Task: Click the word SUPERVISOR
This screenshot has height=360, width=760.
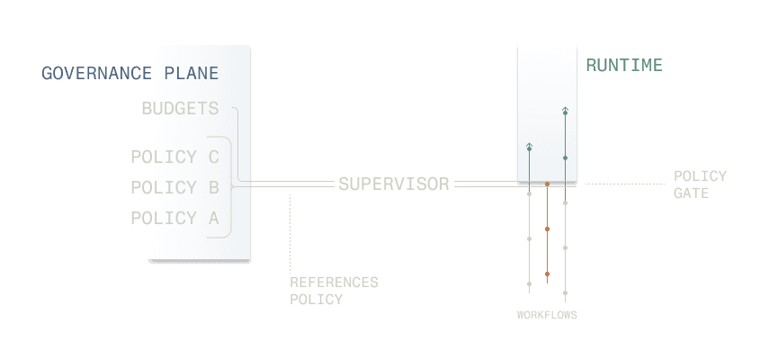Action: tap(394, 184)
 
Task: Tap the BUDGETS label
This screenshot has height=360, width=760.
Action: tap(180, 109)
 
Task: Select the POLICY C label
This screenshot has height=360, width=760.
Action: tap(174, 157)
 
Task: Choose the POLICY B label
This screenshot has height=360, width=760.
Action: tap(174, 188)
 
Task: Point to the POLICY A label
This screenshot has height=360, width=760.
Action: tap(174, 218)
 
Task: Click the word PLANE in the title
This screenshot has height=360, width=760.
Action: tap(192, 73)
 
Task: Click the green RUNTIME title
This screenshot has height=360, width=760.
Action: tap(624, 65)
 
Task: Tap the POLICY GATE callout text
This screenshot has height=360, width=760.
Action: tap(700, 184)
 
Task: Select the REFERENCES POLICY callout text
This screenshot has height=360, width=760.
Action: tap(334, 291)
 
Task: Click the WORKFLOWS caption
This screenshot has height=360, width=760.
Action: tap(547, 315)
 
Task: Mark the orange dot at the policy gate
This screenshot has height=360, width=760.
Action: tap(547, 184)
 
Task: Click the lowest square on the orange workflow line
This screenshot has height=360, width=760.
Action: tap(547, 274)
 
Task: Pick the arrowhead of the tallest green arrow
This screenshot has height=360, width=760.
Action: tap(565, 111)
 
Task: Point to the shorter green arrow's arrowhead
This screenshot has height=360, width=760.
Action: tap(529, 146)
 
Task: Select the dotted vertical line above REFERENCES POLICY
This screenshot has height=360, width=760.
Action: tap(290, 229)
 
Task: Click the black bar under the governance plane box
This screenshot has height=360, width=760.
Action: tap(199, 262)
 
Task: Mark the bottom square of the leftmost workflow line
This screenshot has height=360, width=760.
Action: tap(529, 284)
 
